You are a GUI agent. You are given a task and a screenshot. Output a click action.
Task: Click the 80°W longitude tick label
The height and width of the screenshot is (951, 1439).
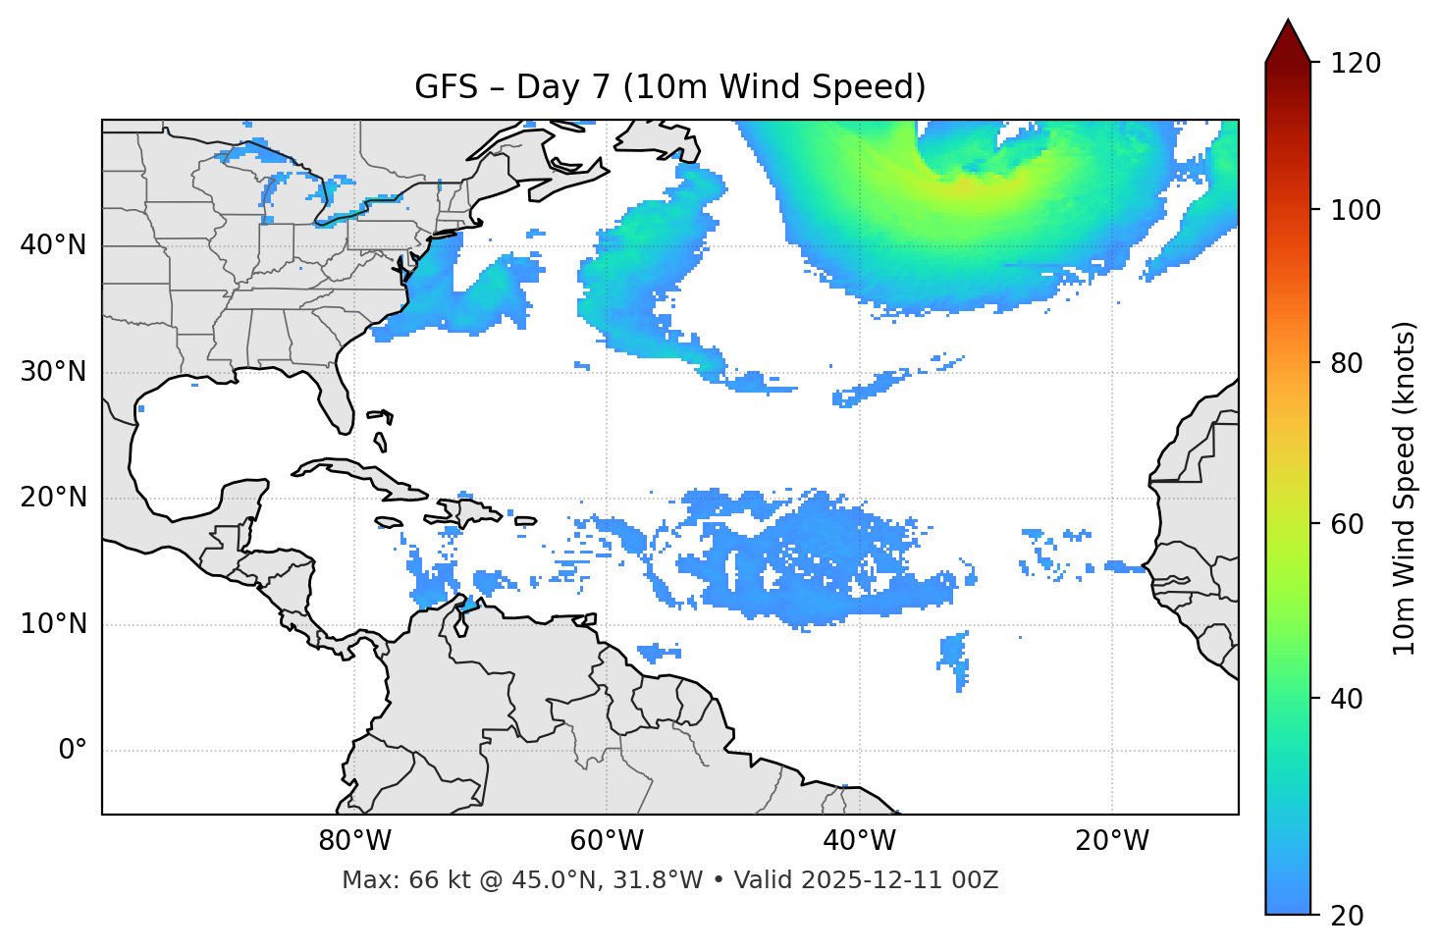point(354,841)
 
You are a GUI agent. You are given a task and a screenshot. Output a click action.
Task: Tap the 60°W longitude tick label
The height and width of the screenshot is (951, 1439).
point(606,841)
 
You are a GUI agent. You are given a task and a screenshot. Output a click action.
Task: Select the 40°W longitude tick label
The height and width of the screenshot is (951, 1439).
point(859,841)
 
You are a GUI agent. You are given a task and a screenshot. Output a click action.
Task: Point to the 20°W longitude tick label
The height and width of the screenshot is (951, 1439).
point(1111,841)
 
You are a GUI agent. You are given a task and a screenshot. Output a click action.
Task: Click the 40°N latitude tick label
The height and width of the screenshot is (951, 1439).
point(53,245)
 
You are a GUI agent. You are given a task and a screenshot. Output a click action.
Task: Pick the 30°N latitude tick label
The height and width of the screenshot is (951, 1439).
point(53,372)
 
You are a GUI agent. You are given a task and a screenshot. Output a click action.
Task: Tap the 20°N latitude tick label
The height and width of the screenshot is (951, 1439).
point(53,498)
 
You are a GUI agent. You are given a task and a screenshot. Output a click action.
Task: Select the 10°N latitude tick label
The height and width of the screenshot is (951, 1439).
point(53,624)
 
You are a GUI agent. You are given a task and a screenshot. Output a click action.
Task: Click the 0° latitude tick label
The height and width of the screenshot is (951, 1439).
point(73,751)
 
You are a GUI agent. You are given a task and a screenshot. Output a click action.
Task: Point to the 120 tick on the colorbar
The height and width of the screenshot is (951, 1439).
point(1356,63)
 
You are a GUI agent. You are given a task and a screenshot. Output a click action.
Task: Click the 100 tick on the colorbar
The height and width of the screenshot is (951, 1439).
point(1356,210)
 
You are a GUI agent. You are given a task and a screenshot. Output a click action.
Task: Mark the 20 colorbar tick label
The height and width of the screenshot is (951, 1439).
point(1347,916)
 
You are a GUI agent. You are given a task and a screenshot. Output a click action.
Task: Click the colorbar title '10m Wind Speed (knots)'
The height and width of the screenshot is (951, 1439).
point(1405,488)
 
